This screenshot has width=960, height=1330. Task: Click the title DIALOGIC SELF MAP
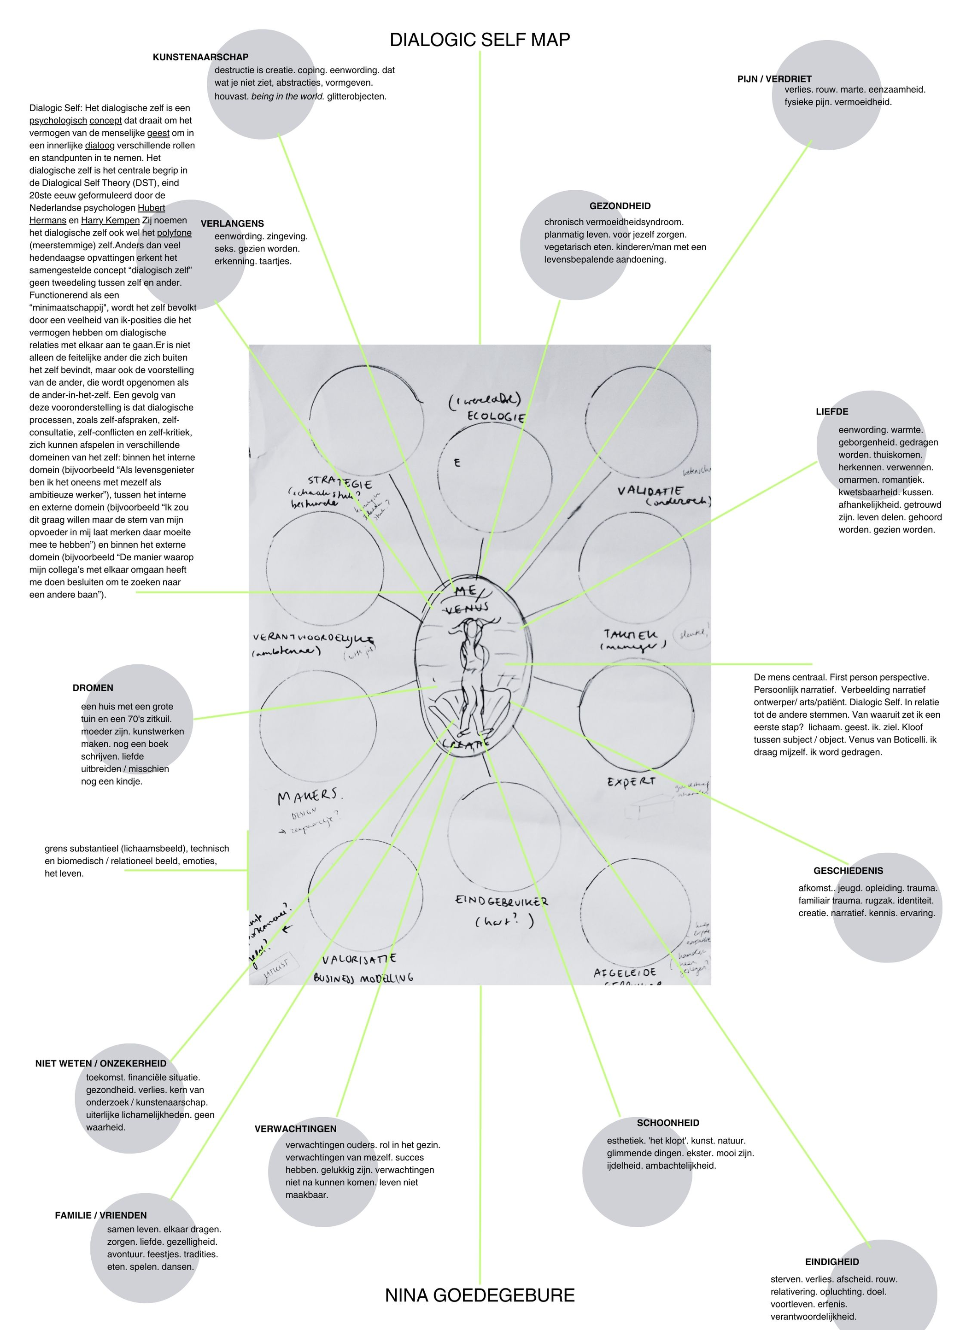(x=480, y=40)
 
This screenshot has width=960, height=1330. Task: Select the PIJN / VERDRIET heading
(x=774, y=79)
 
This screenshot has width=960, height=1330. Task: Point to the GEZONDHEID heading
(x=620, y=206)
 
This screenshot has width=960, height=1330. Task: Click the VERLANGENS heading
(x=232, y=223)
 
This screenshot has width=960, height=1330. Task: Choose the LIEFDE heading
(x=831, y=412)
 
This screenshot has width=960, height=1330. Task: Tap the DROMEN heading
(x=93, y=688)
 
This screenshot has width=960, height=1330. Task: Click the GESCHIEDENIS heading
(x=848, y=871)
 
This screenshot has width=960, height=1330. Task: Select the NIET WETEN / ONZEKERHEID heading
(x=101, y=1063)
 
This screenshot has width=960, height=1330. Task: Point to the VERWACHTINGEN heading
(x=296, y=1129)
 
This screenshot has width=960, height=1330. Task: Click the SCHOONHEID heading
(x=668, y=1123)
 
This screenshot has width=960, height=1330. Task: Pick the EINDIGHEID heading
(x=831, y=1262)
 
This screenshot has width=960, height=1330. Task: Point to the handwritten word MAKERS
(x=309, y=797)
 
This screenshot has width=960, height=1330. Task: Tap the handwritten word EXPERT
(x=631, y=782)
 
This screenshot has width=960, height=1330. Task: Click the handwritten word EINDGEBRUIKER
(x=501, y=901)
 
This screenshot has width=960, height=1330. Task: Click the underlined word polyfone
(x=174, y=233)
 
